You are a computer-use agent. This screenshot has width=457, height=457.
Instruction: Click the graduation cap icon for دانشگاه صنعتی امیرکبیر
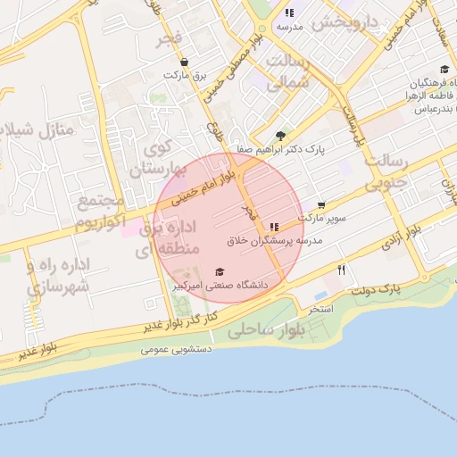220,272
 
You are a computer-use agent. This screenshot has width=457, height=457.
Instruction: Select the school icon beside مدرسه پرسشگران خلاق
273,227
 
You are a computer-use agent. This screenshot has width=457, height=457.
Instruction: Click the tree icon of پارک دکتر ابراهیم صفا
280,136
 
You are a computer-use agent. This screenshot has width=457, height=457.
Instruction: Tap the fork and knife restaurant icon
341,270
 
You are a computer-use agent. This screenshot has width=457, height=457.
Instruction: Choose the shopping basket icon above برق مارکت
184,62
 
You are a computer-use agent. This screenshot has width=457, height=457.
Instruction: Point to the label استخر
320,309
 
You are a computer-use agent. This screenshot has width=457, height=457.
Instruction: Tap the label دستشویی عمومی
175,349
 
